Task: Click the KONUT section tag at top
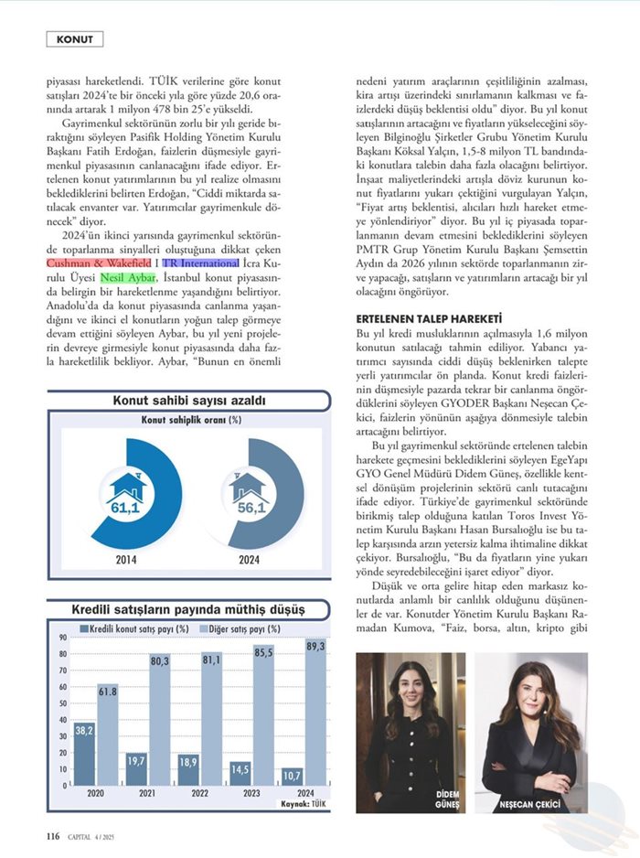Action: tap(74, 39)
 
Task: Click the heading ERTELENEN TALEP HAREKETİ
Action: tap(429, 318)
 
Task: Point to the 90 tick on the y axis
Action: tap(62, 638)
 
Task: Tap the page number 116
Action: tap(53, 835)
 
